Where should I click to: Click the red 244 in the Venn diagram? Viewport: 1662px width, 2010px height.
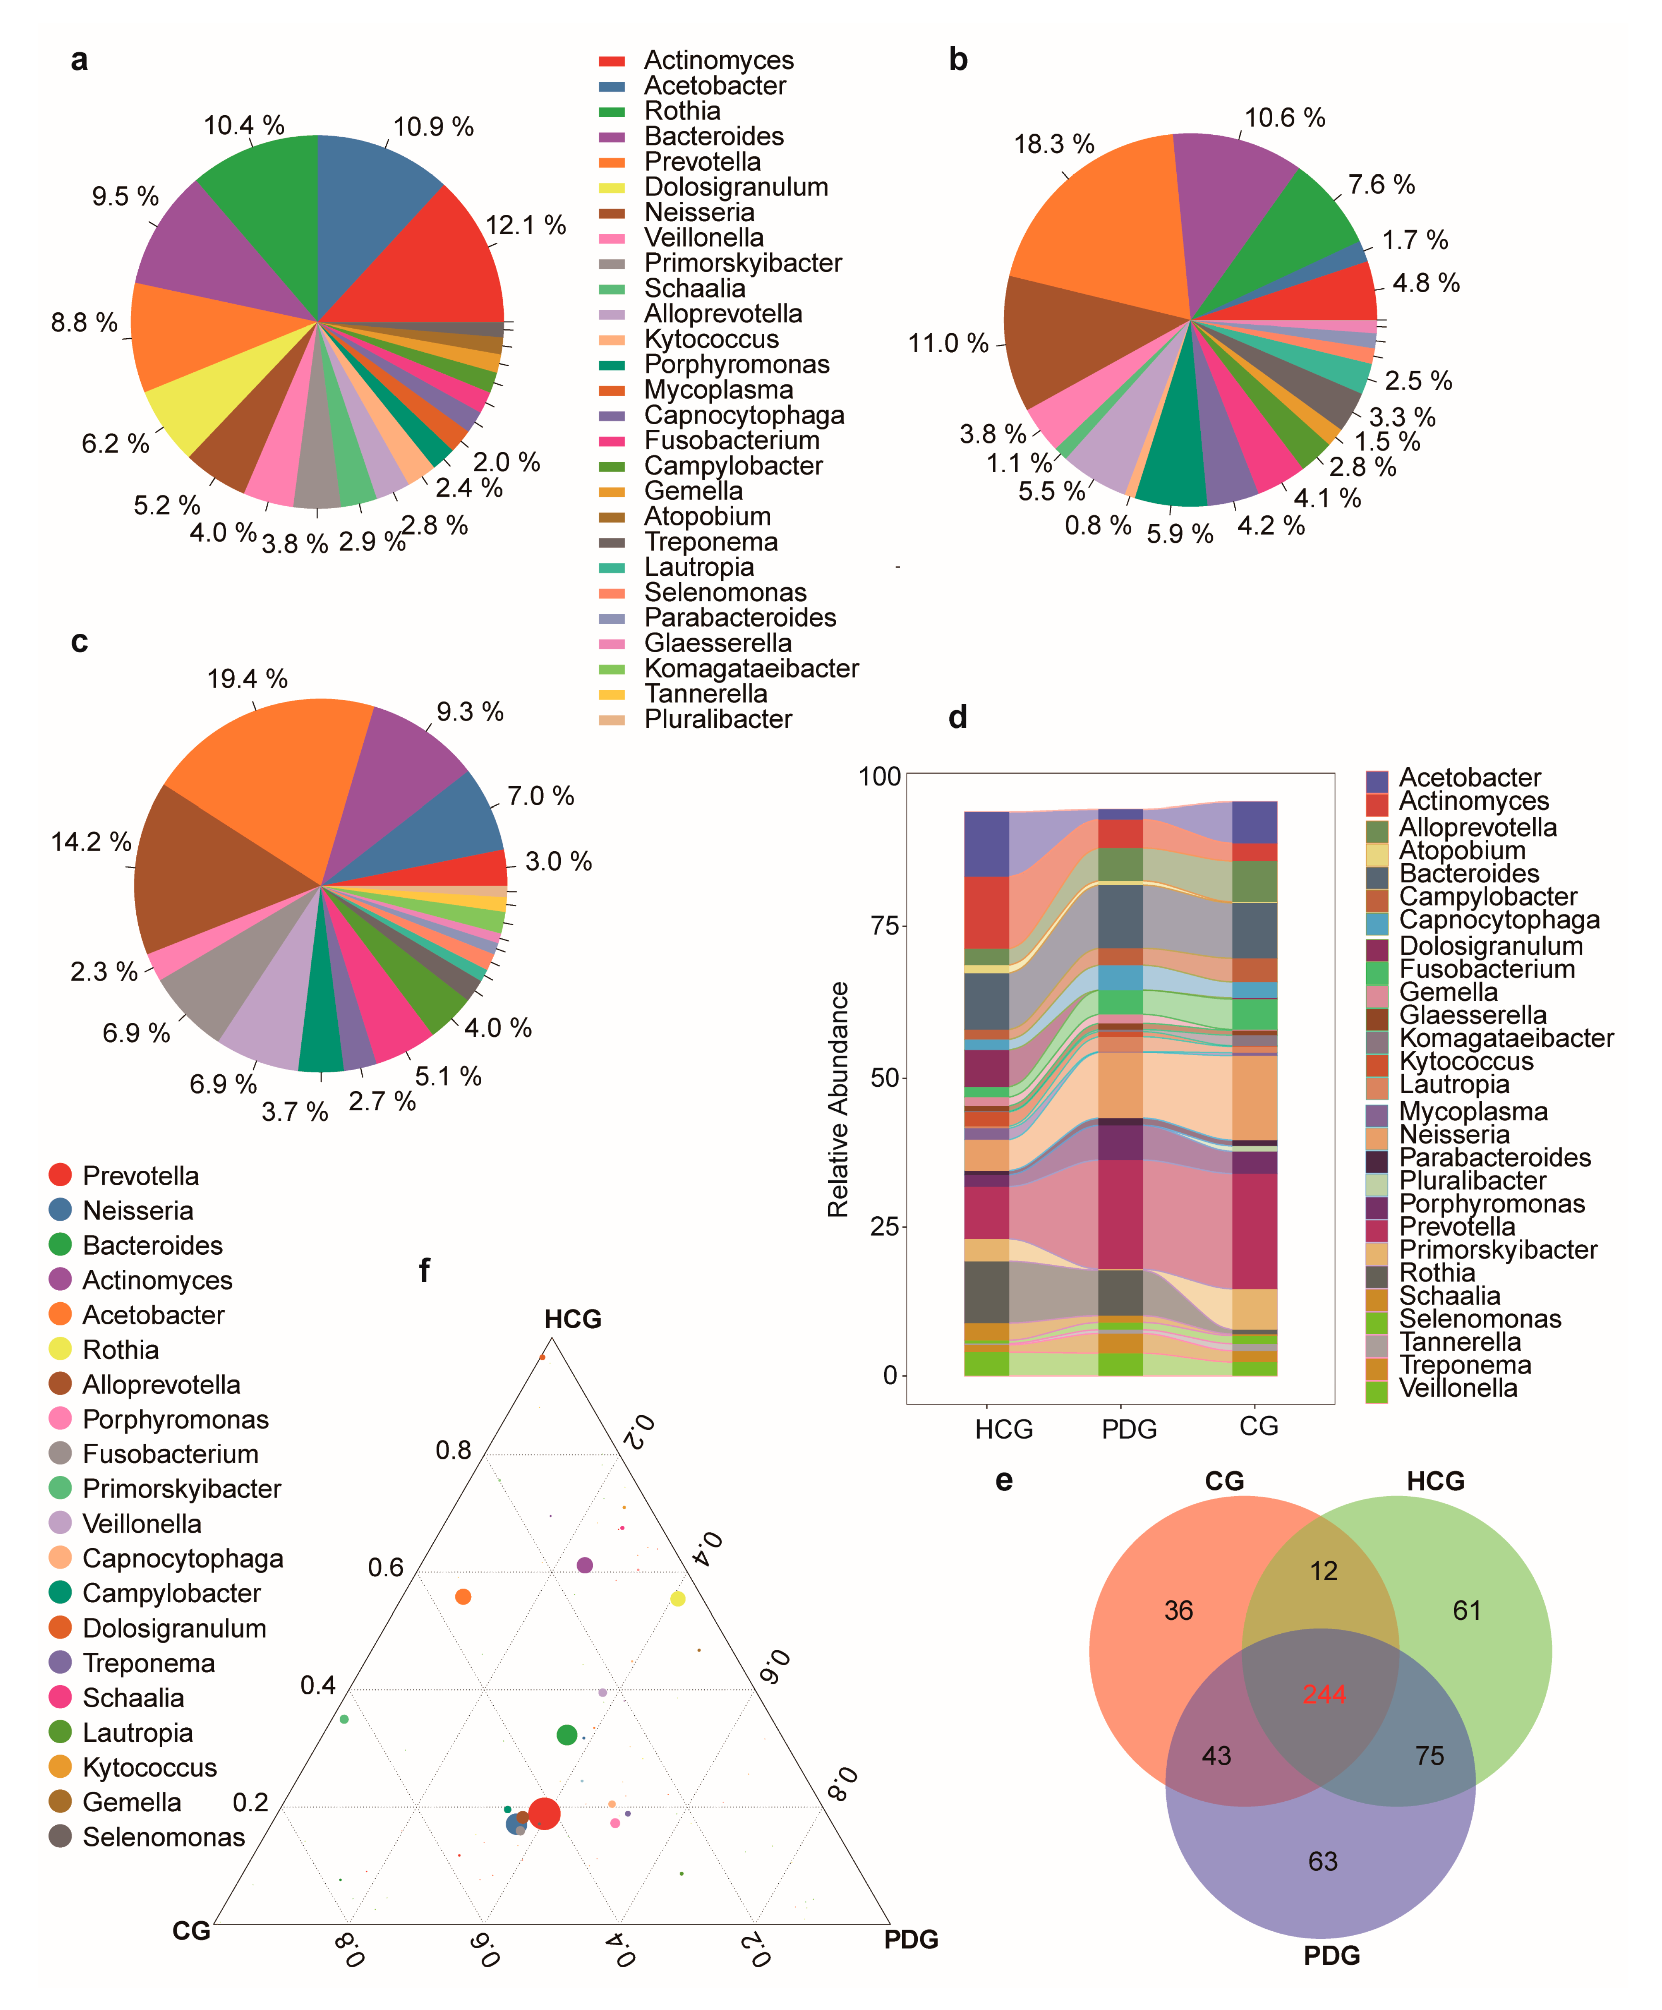[1324, 1694]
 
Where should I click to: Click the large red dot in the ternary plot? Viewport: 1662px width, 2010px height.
[544, 1813]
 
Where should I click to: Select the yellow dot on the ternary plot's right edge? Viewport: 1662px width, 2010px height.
[678, 1599]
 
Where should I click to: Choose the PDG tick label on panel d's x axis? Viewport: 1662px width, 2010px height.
[1129, 1429]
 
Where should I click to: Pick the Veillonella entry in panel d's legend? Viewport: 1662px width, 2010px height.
[1457, 1388]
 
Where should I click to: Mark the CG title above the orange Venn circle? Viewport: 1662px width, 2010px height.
[1224, 1481]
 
